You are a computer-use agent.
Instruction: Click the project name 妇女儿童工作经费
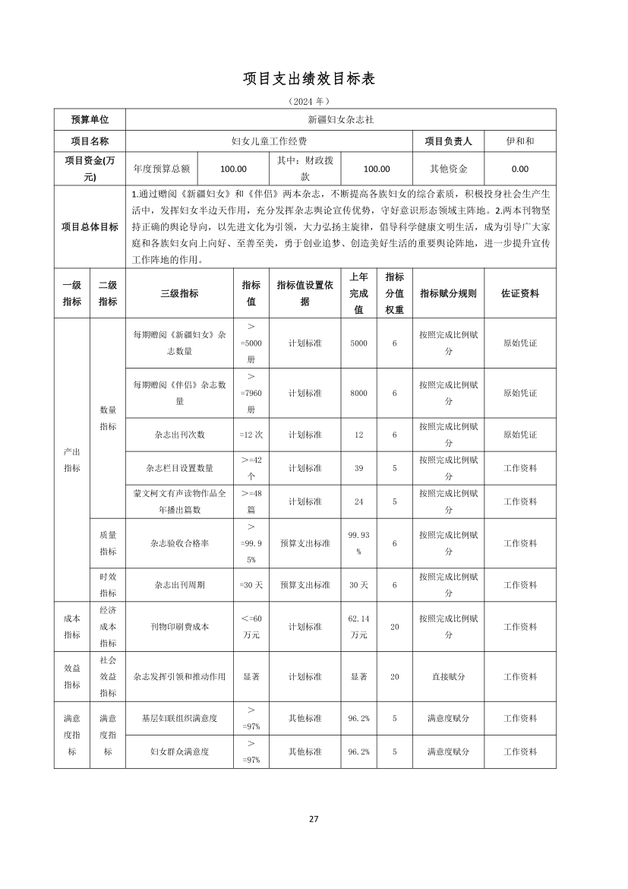pyautogui.click(x=269, y=141)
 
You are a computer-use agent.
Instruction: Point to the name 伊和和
pyautogui.click(x=519, y=141)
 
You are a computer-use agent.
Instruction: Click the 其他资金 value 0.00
pyautogui.click(x=519, y=169)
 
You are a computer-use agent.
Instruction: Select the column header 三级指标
pyautogui.click(x=179, y=293)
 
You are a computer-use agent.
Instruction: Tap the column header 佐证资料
pyautogui.click(x=519, y=293)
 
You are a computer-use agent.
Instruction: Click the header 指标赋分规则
pyautogui.click(x=448, y=293)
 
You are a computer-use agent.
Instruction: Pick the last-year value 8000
pyautogui.click(x=358, y=393)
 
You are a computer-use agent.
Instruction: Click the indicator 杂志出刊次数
pyautogui.click(x=179, y=435)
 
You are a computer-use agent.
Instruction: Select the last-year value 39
pyautogui.click(x=358, y=468)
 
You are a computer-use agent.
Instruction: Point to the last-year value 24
pyautogui.click(x=358, y=501)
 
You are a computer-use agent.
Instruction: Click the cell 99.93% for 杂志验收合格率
pyautogui.click(x=358, y=543)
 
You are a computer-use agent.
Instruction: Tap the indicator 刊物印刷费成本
pyautogui.click(x=179, y=627)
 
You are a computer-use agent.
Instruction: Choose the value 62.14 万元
pyautogui.click(x=358, y=627)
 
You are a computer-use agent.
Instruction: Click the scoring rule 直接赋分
pyautogui.click(x=448, y=676)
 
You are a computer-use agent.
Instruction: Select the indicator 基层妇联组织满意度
pyautogui.click(x=179, y=718)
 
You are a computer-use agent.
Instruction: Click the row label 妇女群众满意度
pyautogui.click(x=179, y=751)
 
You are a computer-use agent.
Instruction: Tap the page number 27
pyautogui.click(x=314, y=818)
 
